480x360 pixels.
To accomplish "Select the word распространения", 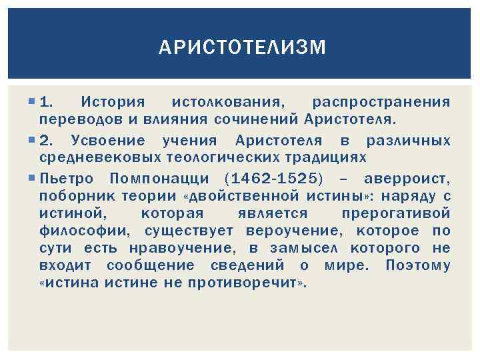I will coord(381,102).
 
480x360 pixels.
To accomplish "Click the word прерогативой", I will coord(395,213).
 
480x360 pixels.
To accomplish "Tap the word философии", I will coord(88,231).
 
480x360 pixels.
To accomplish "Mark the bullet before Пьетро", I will coord(32,178).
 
